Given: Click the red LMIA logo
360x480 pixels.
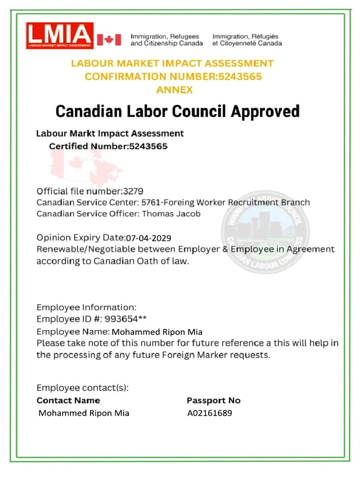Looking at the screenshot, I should point(60,35).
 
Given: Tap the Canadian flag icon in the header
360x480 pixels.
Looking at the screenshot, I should point(109,39).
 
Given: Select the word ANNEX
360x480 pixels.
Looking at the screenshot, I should point(174,90).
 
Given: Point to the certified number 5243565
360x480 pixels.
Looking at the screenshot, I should point(148,146).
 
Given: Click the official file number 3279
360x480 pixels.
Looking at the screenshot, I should point(133,191).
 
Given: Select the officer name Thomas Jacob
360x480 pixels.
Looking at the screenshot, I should point(171,214).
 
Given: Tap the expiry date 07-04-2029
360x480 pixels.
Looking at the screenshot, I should point(149,238).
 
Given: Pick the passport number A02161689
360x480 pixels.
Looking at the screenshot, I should point(210,413).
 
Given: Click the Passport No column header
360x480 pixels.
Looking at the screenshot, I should point(213,400).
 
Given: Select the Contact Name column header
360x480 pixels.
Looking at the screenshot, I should point(68,400).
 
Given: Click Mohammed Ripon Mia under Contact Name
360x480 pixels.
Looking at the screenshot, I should point(84,413).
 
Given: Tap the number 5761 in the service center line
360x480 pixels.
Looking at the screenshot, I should point(150,202).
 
